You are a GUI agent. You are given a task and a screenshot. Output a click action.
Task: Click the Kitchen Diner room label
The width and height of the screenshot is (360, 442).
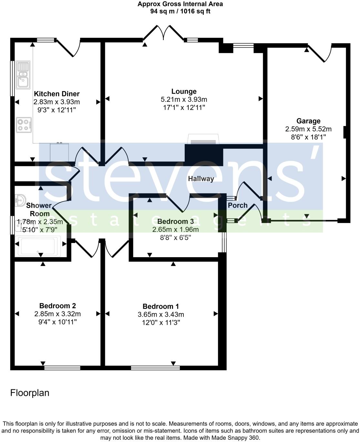(57, 94)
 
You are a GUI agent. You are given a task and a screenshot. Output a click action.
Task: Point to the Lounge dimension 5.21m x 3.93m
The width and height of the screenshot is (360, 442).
(184, 100)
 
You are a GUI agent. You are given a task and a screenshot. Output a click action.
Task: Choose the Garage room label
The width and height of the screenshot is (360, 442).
(308, 121)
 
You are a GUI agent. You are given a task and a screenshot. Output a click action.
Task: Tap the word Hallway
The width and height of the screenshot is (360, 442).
(201, 179)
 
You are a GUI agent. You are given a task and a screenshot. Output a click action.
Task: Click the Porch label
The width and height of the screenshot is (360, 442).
(238, 205)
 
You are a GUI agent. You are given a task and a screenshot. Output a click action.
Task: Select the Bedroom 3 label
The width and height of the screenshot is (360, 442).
(175, 221)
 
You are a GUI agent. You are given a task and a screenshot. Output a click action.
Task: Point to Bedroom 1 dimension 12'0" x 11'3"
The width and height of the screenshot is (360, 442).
(161, 322)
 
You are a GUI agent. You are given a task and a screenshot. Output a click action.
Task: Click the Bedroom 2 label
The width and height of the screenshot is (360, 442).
(57, 306)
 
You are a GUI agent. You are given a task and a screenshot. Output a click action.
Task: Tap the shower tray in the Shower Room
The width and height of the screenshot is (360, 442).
(38, 246)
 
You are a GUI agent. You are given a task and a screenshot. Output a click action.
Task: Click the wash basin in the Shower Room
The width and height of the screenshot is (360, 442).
(20, 201)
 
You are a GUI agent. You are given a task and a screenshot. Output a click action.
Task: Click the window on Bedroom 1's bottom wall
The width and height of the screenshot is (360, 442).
(155, 368)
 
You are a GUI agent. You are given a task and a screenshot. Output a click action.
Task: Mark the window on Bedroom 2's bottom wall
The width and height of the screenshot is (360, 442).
(62, 368)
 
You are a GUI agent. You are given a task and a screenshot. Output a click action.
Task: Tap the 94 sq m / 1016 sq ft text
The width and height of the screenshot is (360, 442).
(180, 11)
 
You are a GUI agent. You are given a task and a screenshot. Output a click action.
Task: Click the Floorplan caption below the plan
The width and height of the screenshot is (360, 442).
(30, 393)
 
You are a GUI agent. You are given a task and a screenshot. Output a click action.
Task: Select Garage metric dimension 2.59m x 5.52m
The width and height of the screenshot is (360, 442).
(308, 129)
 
